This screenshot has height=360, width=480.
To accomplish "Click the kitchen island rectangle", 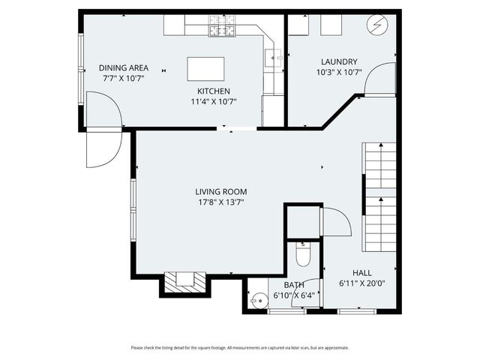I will point(206,69).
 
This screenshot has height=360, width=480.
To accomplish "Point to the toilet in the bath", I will point(303,256).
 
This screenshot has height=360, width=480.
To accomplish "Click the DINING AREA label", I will point(124,67).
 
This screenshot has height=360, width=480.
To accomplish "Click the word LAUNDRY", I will point(339,62).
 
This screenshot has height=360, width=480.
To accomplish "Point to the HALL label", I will point(362,273).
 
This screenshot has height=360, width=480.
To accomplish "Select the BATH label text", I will point(294,285).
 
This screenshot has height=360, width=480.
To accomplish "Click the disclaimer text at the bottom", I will point(239,347).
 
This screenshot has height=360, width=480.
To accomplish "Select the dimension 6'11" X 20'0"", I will point(362,283).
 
